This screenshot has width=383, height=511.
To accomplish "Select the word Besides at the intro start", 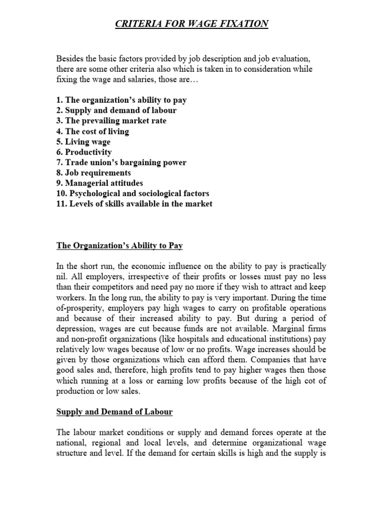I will coord(70,58).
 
